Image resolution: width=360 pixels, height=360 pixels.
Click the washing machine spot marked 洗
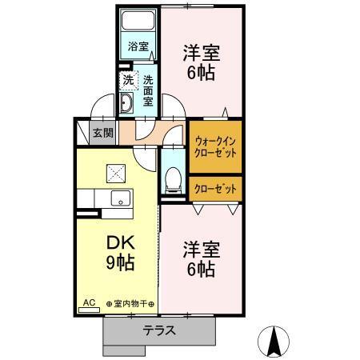click(127, 79)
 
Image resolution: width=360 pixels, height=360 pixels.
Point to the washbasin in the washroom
click(128, 103)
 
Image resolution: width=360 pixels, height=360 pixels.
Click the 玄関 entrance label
click(102, 133)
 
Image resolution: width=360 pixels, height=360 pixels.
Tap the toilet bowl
click(172, 180)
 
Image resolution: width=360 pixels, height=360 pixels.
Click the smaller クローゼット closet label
click(215, 188)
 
